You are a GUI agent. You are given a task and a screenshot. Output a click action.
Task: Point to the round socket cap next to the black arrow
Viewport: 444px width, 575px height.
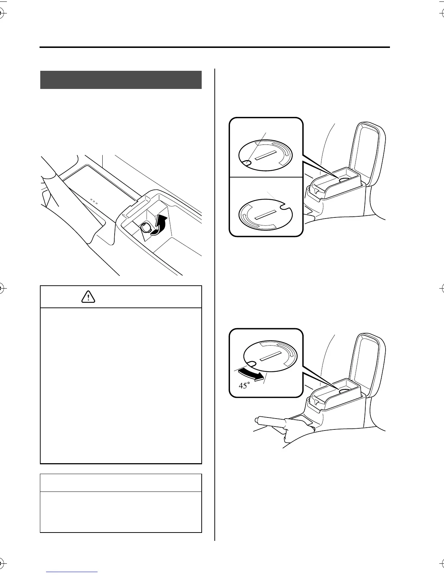pyautogui.click(x=147, y=228)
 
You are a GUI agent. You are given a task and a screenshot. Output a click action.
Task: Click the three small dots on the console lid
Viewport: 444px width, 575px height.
pyautogui.click(x=94, y=201)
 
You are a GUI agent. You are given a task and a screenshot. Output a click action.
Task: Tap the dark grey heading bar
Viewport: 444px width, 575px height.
pyautogui.click(x=121, y=80)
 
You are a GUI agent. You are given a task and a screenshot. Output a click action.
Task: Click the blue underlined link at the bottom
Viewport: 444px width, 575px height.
pyautogui.click(x=73, y=572)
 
